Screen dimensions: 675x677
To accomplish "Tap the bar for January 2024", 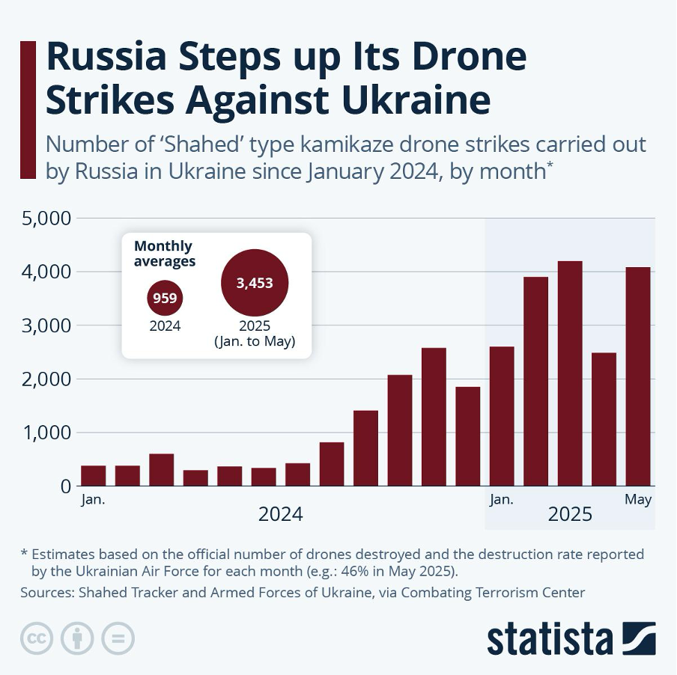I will pyautogui.click(x=94, y=475).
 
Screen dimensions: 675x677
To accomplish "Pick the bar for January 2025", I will pyautogui.click(x=502, y=416).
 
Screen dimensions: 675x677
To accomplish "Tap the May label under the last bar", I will pyautogui.click(x=638, y=500).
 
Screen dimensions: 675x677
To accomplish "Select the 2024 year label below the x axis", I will pyautogui.click(x=281, y=515).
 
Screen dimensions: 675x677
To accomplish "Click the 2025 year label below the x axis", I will pyautogui.click(x=570, y=515).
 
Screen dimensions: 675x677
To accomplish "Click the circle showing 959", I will pyautogui.click(x=165, y=299).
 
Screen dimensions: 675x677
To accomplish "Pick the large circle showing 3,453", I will pyautogui.click(x=255, y=283).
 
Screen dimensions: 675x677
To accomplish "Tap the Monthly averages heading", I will pyautogui.click(x=164, y=254).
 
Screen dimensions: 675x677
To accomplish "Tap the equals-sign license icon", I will pyautogui.click(x=118, y=638).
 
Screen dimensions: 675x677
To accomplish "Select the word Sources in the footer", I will pyautogui.click(x=46, y=593).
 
